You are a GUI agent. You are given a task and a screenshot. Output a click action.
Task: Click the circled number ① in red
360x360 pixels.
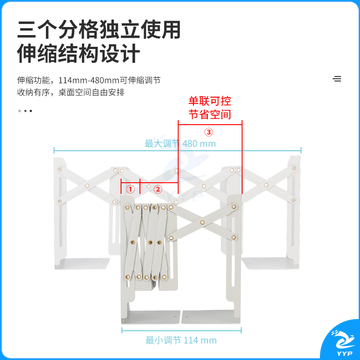(130, 188)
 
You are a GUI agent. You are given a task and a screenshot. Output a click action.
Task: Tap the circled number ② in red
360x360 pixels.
(157, 188)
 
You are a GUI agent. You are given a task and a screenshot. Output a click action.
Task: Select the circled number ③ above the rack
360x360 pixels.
(208, 131)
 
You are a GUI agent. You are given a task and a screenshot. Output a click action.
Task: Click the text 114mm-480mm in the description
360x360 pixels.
(85, 79)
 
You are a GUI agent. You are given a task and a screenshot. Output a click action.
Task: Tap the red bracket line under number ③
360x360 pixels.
(208, 124)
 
